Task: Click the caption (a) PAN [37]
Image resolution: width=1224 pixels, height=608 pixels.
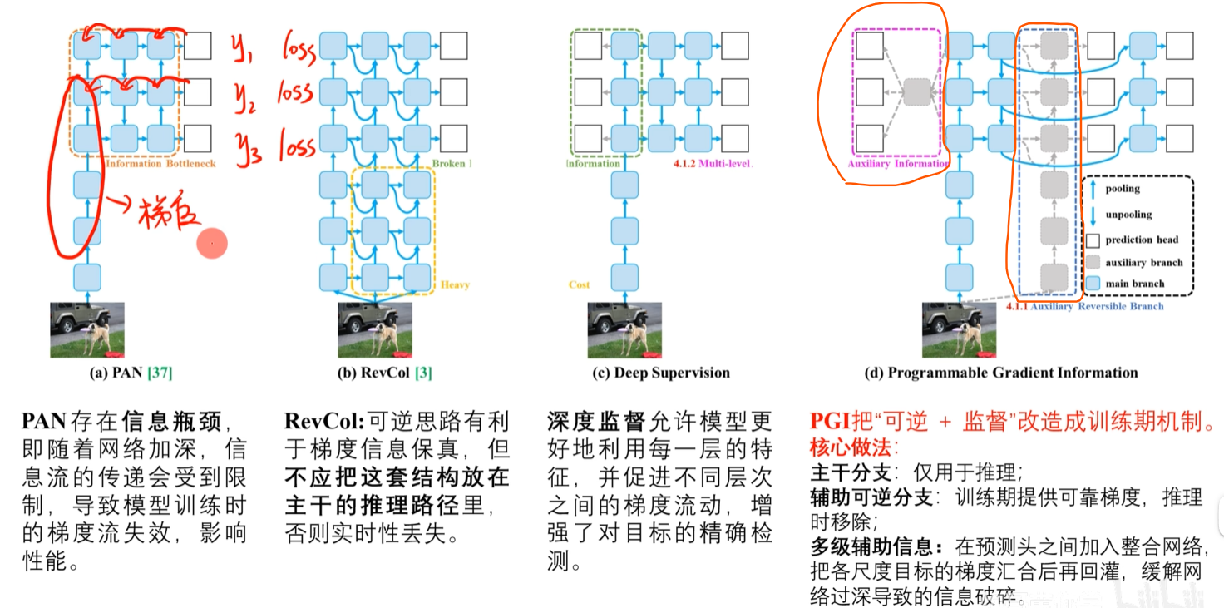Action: tap(131, 373)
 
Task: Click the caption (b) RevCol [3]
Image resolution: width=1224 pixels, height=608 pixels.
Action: tap(384, 373)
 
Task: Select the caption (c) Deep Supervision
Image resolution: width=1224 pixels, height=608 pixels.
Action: tap(660, 373)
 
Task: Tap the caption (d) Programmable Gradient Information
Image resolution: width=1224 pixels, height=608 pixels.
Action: tap(1000, 373)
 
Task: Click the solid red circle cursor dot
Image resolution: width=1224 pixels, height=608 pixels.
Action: tap(212, 243)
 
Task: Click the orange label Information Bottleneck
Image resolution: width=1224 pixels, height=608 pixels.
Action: tap(160, 164)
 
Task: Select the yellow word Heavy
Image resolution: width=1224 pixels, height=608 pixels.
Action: tap(455, 285)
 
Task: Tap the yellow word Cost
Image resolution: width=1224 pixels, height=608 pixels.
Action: tap(580, 284)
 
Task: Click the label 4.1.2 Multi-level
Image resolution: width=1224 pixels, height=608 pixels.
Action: tap(713, 164)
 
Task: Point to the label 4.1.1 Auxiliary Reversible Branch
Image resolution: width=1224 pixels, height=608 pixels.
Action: tap(1084, 307)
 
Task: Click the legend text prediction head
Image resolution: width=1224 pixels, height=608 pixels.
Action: tap(1142, 240)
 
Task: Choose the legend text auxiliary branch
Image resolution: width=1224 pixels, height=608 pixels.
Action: tap(1143, 262)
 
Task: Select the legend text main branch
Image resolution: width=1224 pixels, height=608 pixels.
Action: tap(1135, 284)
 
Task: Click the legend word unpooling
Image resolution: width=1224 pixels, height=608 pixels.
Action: tap(1128, 215)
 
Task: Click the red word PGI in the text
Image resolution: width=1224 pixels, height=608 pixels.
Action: tap(832, 422)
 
